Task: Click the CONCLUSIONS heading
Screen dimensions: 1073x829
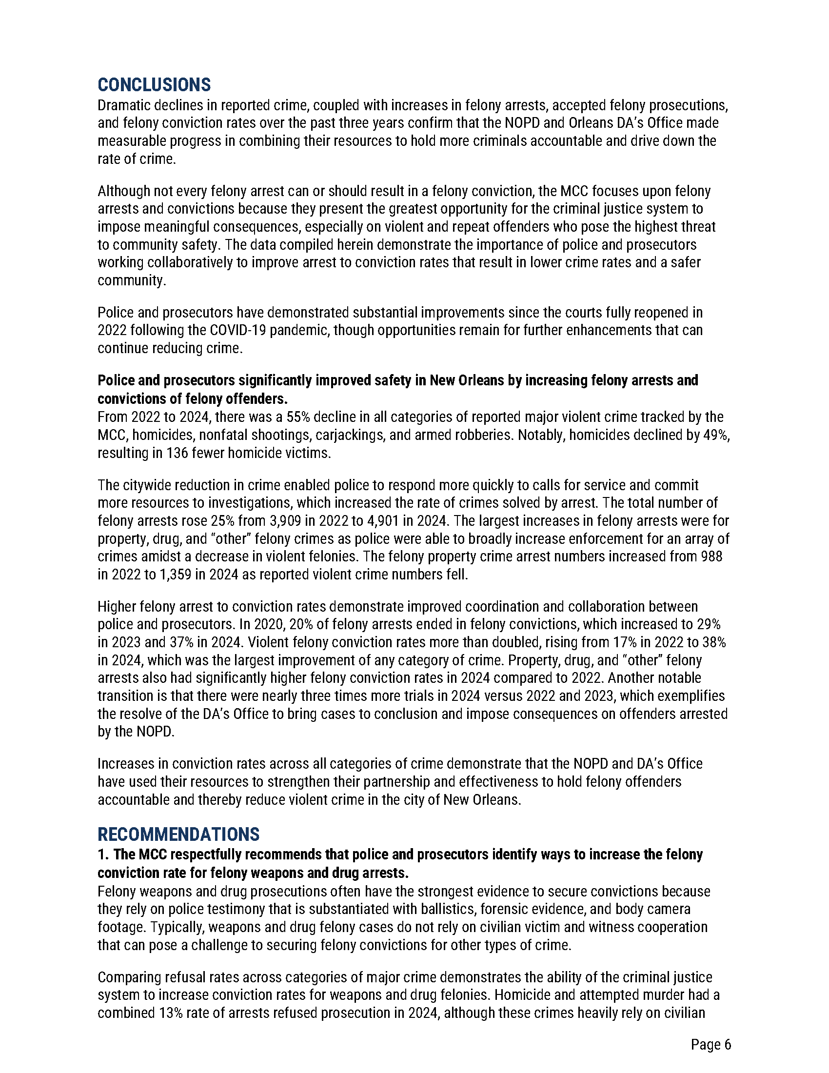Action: [x=154, y=85]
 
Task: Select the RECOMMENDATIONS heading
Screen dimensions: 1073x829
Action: [x=178, y=835]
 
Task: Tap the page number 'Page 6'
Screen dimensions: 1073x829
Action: [x=711, y=1045]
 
